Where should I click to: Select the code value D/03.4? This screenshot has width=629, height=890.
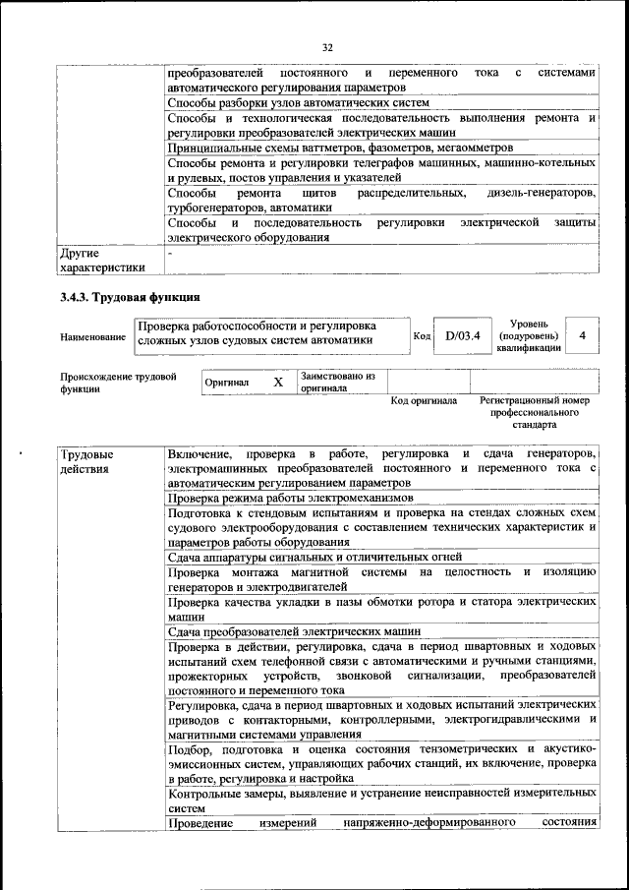461,336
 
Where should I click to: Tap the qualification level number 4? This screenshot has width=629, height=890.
583,336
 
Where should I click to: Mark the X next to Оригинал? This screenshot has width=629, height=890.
278,382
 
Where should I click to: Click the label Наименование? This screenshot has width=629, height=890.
92,337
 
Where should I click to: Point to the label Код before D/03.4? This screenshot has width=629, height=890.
422,336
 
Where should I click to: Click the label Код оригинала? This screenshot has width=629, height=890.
424,401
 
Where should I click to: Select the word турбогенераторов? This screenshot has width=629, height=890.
216,208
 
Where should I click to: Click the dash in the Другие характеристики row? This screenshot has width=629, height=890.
171,253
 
